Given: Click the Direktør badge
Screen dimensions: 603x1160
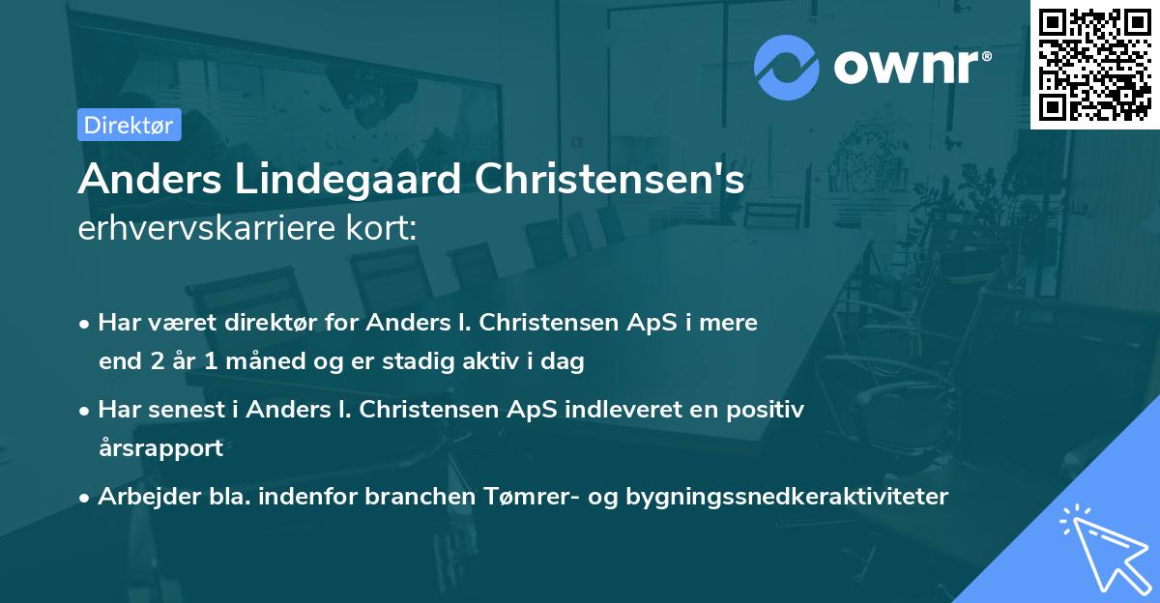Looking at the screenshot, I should [x=129, y=125].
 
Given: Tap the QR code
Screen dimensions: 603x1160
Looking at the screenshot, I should [x=1094, y=64].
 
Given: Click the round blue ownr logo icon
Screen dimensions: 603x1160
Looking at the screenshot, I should [x=787, y=67].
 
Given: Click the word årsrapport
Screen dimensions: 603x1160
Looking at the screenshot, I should [x=160, y=448].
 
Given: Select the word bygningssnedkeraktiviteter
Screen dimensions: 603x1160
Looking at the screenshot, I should [x=787, y=497].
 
